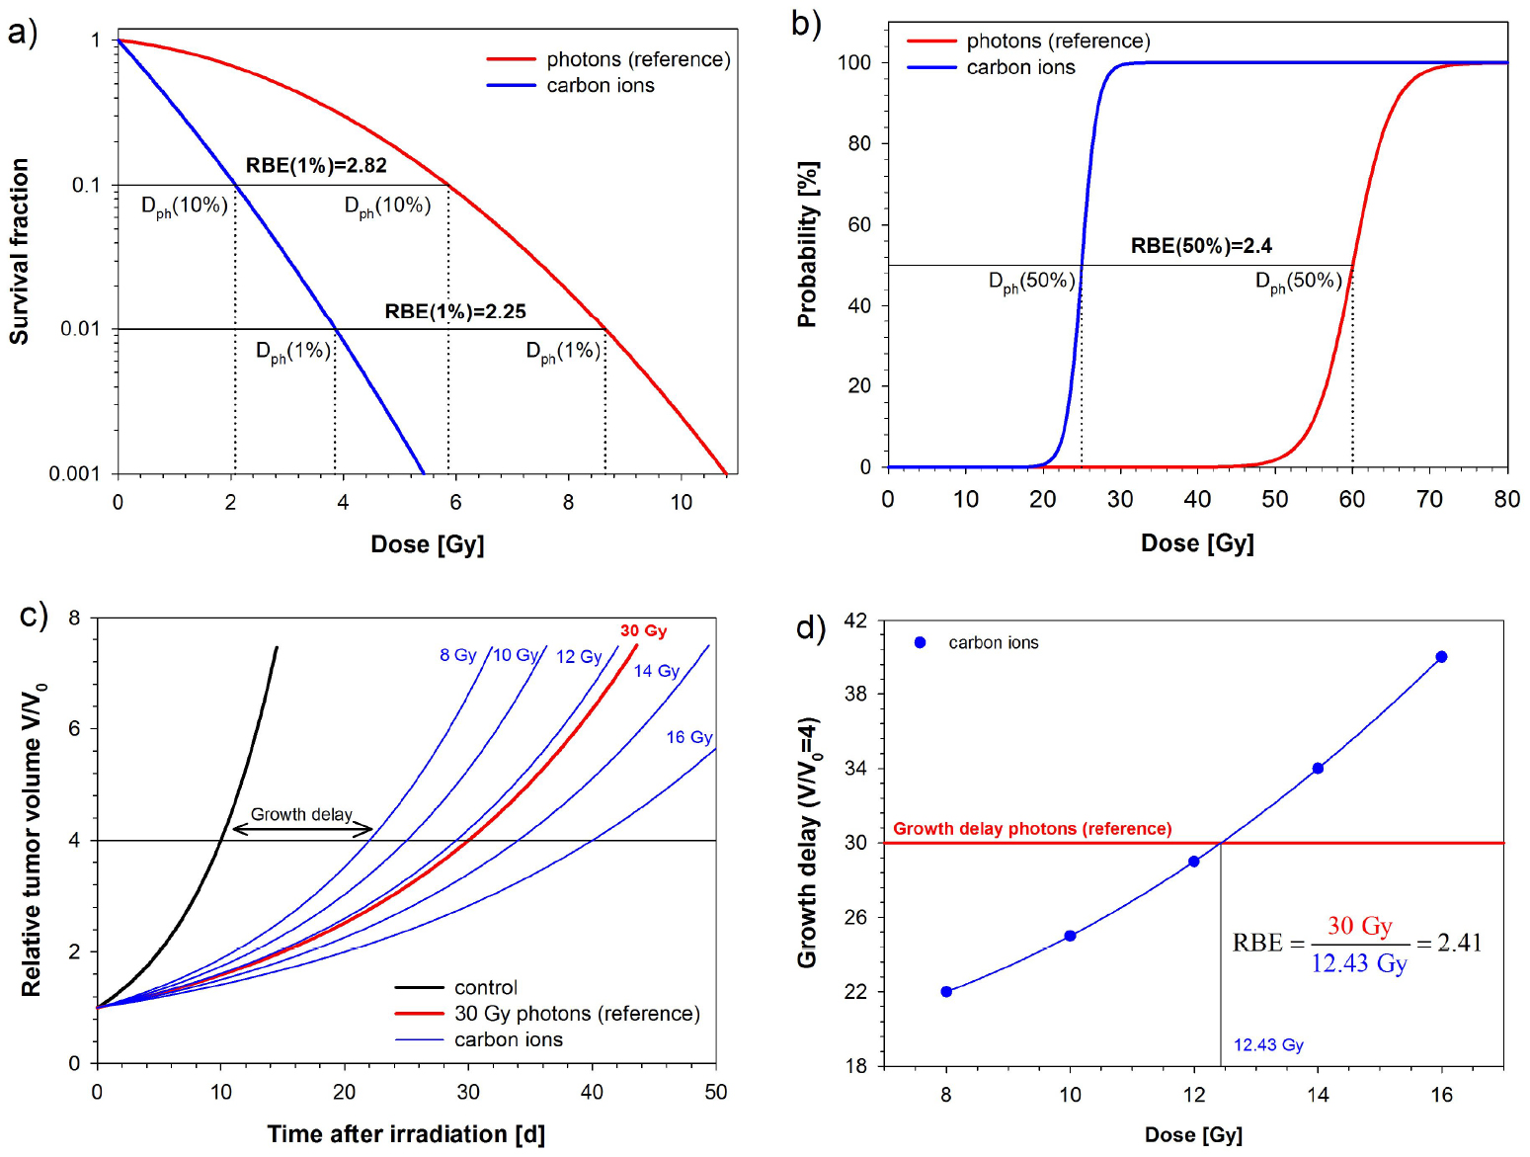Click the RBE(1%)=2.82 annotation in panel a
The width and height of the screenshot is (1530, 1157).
click(x=316, y=165)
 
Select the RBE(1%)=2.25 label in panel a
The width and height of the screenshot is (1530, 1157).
click(x=454, y=311)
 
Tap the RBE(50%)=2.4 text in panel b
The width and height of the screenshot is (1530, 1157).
click(x=1201, y=245)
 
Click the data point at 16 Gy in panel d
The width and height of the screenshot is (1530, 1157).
click(x=1441, y=657)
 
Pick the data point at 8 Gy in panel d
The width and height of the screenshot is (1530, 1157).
click(x=946, y=991)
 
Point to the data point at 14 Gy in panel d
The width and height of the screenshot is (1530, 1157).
click(x=1318, y=768)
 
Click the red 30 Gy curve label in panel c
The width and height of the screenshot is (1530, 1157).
click(x=643, y=630)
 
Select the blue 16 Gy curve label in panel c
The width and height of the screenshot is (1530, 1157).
click(x=688, y=737)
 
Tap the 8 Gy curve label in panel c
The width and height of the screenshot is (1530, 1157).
click(x=457, y=655)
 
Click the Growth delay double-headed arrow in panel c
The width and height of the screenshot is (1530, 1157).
click(x=302, y=829)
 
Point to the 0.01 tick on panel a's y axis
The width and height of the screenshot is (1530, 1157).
click(x=80, y=328)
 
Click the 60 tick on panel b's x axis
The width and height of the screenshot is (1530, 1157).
click(x=1351, y=499)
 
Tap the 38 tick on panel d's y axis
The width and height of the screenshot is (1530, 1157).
click(x=855, y=694)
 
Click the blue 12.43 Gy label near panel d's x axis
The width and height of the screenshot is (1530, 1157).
click(x=1268, y=1044)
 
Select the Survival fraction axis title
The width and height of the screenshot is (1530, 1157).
click(x=19, y=251)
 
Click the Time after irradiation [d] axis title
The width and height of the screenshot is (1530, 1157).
click(x=405, y=1133)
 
